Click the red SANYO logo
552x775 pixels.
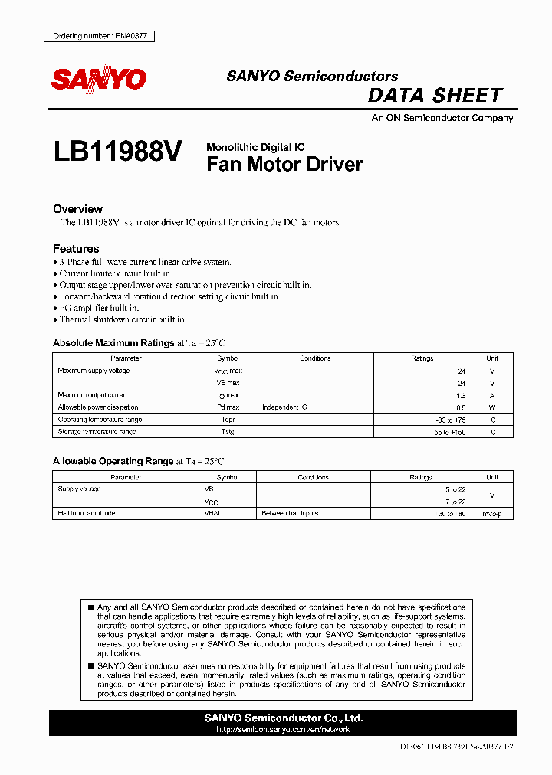pyautogui.click(x=98, y=79)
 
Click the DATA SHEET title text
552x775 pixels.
pyautogui.click(x=435, y=96)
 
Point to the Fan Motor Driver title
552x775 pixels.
pyautogui.click(x=284, y=164)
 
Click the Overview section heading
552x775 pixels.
pyautogui.click(x=77, y=209)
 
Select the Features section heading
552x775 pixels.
pyautogui.click(x=76, y=249)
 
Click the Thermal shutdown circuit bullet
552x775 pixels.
pyautogui.click(x=123, y=319)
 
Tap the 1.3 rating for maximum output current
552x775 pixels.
pyautogui.click(x=460, y=395)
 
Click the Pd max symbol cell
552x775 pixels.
pyautogui.click(x=228, y=407)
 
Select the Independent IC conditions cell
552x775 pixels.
pyautogui.click(x=284, y=407)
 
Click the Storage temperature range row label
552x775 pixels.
pyautogui.click(x=97, y=432)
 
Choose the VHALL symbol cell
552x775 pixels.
pyautogui.click(x=215, y=513)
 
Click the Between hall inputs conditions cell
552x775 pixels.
pyautogui.click(x=290, y=513)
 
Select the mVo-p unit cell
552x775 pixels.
pyautogui.click(x=491, y=513)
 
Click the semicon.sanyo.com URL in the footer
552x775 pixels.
pyautogui.click(x=283, y=730)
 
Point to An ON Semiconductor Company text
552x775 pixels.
pyautogui.click(x=442, y=118)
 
